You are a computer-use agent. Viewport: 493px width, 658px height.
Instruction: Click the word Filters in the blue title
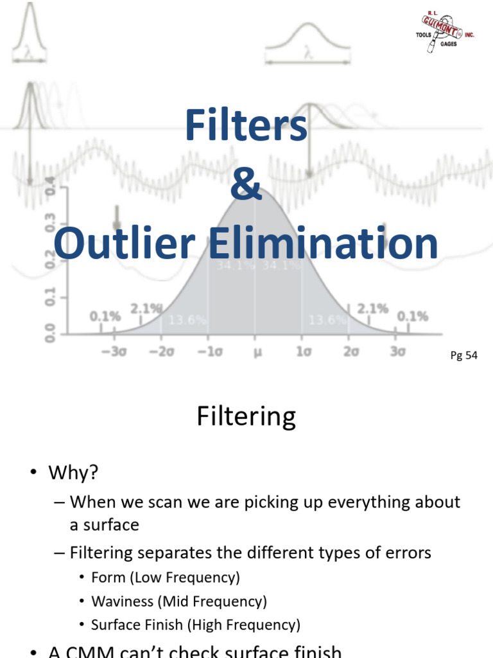pos(246,126)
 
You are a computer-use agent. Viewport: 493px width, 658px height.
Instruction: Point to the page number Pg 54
pos(463,355)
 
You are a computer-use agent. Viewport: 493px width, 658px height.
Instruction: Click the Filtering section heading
pos(246,416)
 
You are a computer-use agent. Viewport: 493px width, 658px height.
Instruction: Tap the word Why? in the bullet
pos(74,473)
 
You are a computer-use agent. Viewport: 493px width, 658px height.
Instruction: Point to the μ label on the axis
pos(255,351)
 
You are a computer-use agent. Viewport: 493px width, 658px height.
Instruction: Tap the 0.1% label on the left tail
pos(105,316)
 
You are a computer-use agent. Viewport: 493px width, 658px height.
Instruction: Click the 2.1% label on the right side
pos(372,309)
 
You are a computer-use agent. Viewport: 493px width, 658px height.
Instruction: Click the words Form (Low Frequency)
pos(166,577)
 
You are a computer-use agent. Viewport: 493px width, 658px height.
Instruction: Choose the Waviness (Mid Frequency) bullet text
pos(179,601)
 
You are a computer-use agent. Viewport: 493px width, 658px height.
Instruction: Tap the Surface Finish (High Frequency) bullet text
pos(195,624)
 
